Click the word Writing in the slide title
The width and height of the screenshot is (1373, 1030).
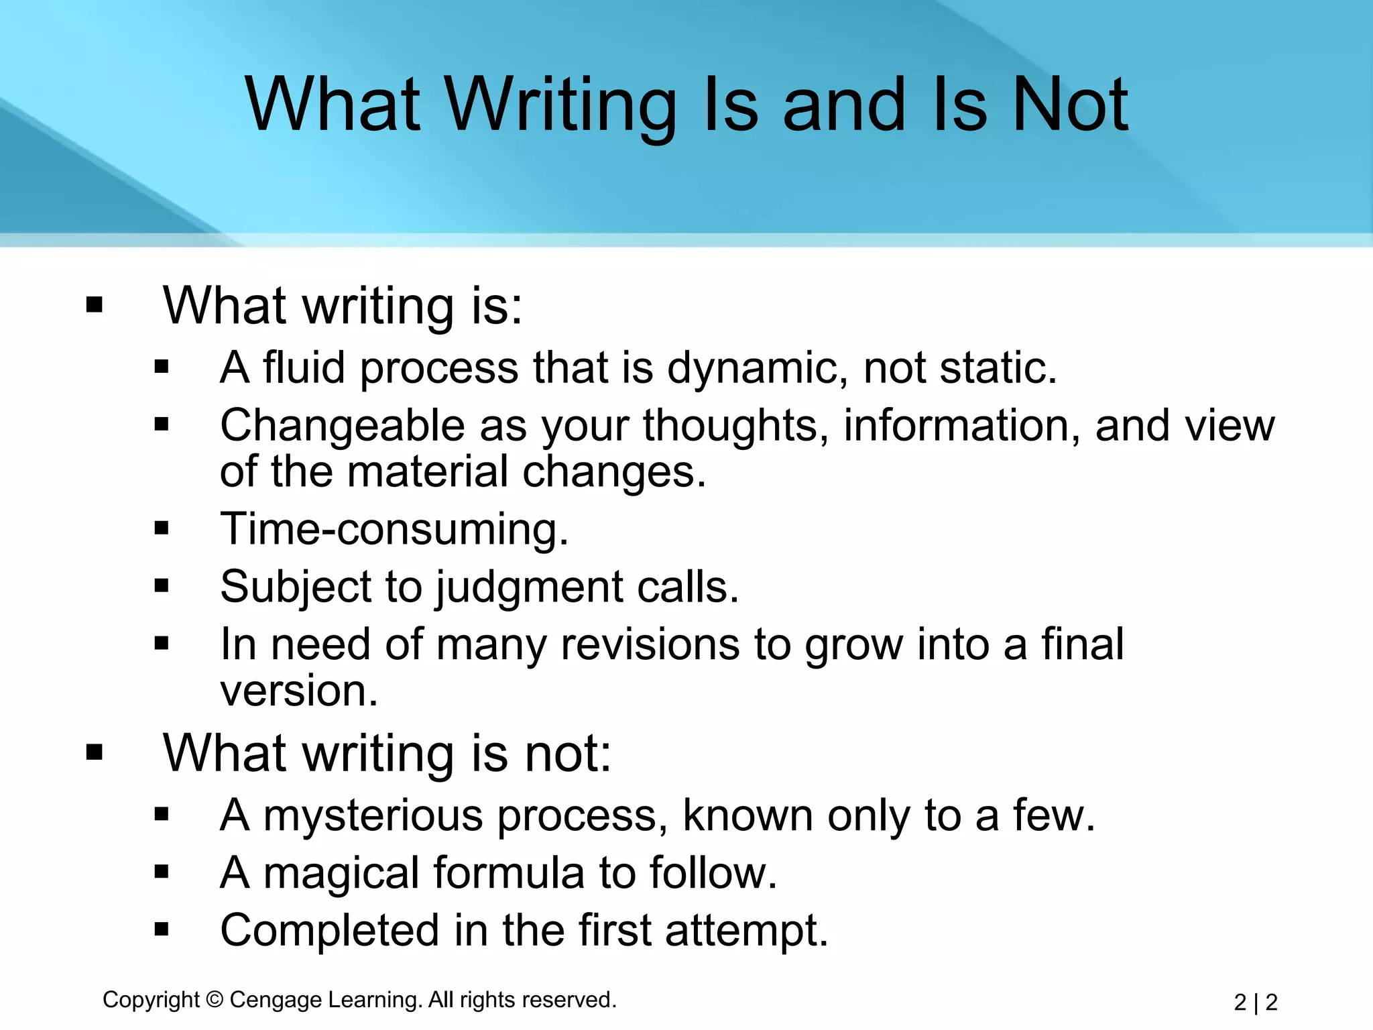point(560,106)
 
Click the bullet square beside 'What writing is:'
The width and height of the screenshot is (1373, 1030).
point(95,305)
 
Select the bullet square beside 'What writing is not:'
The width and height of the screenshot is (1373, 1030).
point(95,752)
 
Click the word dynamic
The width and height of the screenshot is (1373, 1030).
point(758,369)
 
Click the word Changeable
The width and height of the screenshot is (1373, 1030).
point(343,426)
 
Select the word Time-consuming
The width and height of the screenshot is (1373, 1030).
point(394,529)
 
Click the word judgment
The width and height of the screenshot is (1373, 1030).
point(530,588)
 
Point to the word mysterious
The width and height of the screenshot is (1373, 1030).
point(373,816)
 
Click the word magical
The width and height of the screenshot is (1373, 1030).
point(341,874)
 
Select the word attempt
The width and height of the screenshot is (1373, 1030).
point(746,931)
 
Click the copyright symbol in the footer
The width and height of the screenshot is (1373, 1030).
point(215,1000)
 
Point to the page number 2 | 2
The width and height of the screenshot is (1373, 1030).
point(1255,1003)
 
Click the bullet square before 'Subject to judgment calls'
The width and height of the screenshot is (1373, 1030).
point(162,586)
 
